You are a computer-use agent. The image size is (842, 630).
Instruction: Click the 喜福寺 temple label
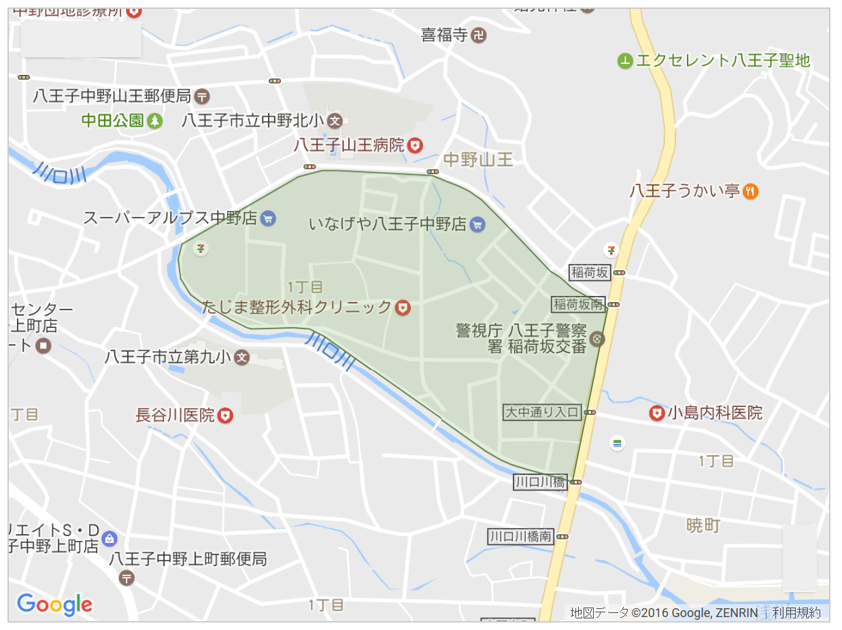point(445,35)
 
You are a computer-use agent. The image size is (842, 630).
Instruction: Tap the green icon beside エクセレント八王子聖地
point(624,61)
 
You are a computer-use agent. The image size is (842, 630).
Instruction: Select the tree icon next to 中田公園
point(156,121)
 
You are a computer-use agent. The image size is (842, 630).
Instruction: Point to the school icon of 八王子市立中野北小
point(335,121)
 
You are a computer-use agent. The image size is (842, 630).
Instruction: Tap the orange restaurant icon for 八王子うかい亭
point(751,191)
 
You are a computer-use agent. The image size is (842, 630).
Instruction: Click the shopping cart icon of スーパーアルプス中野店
point(268,218)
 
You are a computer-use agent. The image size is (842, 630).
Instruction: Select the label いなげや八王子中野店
point(387,224)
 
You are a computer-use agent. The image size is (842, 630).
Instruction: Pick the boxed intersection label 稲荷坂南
point(578,304)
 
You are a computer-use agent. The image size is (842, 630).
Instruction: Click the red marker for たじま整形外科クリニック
point(403,308)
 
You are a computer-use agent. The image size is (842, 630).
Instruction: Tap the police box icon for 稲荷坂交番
point(597,338)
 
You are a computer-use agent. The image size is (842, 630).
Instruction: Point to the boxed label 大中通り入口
point(541,412)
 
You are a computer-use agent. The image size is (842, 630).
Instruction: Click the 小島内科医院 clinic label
point(715,413)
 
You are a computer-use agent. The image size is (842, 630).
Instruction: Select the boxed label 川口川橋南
point(520,536)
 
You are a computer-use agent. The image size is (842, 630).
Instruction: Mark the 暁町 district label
point(703,525)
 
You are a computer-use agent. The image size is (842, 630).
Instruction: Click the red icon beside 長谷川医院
point(225,415)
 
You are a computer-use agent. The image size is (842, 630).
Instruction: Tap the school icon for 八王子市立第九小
point(241,357)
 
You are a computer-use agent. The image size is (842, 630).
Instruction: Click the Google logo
point(54,604)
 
